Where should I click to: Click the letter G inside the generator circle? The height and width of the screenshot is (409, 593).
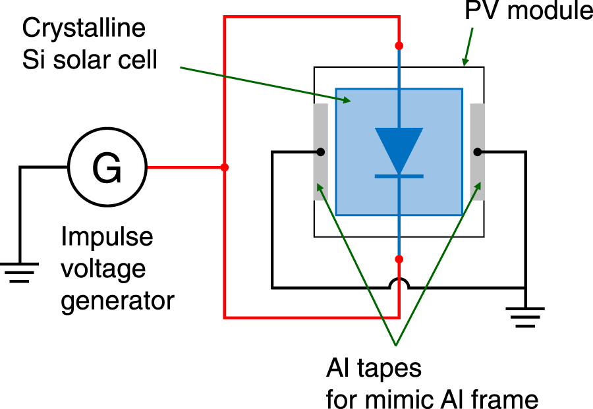coord(107,168)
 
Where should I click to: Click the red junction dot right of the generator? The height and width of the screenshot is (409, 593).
coord(225,168)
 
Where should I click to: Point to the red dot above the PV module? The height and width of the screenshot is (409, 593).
coord(399,45)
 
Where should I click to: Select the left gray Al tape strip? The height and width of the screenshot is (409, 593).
coord(320,152)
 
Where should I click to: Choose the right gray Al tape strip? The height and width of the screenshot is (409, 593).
coord(478,152)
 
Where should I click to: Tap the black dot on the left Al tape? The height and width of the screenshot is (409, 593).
coord(320,152)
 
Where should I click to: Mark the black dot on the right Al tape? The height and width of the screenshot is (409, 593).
coord(477,152)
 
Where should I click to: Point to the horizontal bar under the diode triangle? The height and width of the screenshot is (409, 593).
coord(399,176)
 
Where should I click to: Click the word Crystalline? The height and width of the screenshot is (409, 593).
coord(84,29)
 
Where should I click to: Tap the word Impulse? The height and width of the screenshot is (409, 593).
coord(107,237)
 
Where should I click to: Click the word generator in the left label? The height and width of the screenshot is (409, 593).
coord(117,300)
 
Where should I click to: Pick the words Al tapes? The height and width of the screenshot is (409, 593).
coord(374,368)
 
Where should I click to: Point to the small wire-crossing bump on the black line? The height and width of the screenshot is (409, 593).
coord(399,284)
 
